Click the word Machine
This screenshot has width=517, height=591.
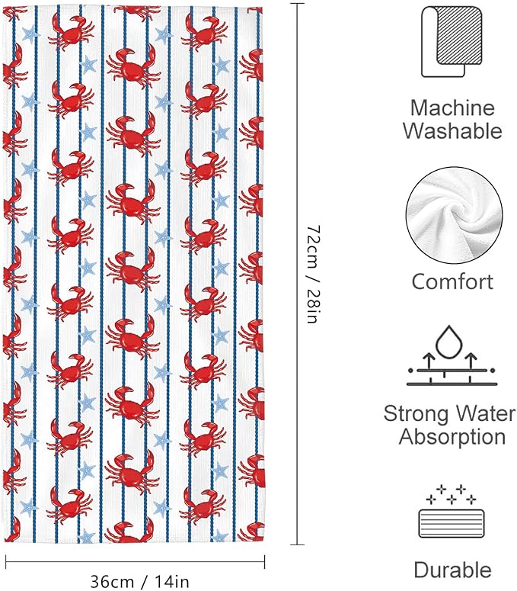tap(452, 108)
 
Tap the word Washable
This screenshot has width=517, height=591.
tap(452, 131)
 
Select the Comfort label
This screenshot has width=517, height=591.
tap(452, 281)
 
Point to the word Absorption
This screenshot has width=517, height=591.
tap(452, 437)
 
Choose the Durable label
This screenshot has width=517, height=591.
tap(452, 570)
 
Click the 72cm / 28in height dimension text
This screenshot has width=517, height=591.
tap(313, 275)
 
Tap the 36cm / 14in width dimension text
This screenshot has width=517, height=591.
tap(139, 581)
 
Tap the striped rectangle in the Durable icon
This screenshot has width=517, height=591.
tap(452, 524)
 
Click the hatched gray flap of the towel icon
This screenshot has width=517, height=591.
tap(459, 35)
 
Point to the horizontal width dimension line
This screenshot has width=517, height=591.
tap(136, 562)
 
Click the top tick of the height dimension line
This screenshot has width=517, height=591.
tap(297, 3)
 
